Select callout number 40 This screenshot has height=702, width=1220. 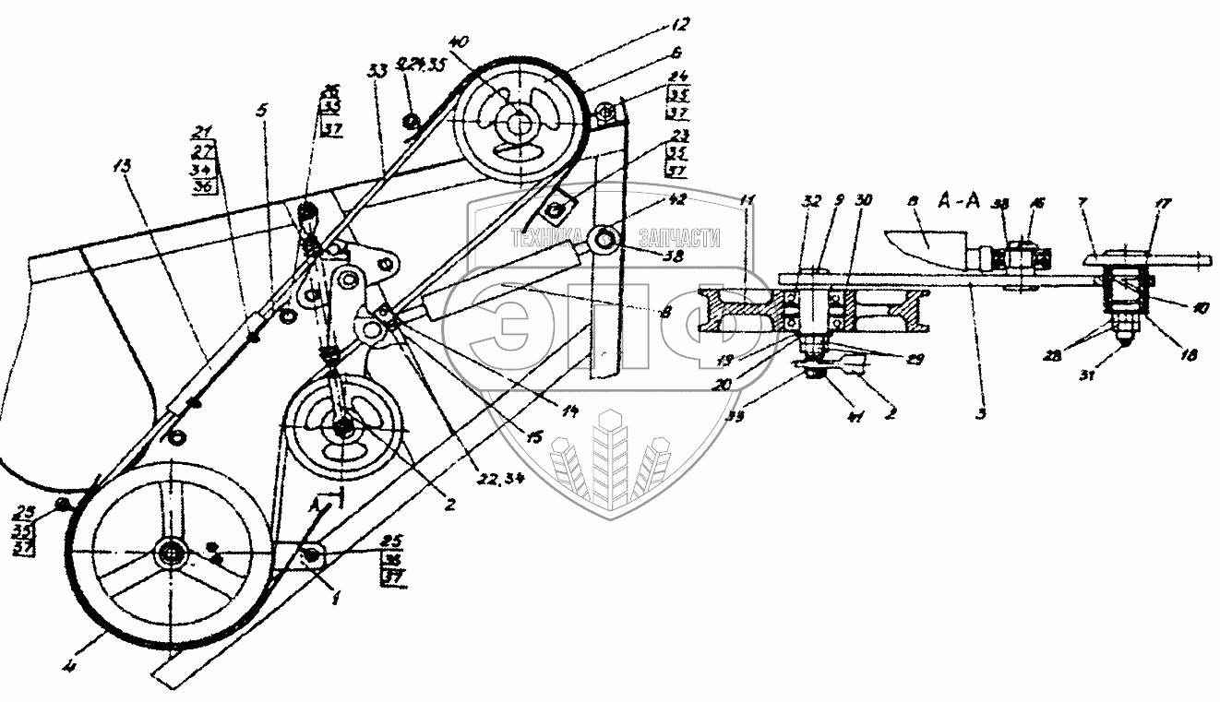point(460,42)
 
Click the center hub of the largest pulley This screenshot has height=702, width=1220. point(171,552)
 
